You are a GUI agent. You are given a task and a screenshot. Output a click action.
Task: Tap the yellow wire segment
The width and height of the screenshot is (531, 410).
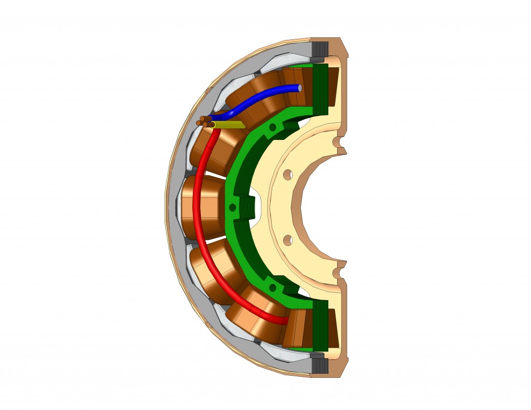click(228, 125)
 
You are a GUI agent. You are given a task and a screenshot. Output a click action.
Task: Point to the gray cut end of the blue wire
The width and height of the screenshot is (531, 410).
click(300, 88)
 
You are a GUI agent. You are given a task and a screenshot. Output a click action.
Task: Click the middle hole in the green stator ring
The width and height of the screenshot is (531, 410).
click(232, 207)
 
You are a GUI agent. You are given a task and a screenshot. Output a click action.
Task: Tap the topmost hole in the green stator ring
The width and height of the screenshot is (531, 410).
click(273, 126)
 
